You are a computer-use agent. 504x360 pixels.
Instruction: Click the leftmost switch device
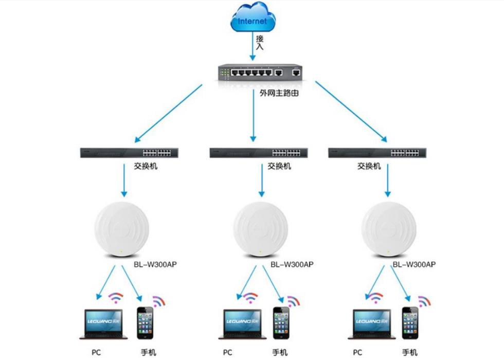[x=129, y=153]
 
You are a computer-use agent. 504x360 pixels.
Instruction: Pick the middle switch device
[x=259, y=153]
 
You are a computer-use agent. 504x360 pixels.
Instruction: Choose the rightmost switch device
[x=376, y=153]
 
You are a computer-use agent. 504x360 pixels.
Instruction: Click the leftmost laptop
[x=103, y=323]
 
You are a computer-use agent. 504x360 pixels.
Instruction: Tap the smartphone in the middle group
[x=281, y=323]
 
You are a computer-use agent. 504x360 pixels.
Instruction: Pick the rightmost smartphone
[x=410, y=323]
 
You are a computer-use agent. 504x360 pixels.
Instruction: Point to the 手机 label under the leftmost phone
[x=148, y=352]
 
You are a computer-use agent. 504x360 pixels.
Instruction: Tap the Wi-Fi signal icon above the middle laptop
[x=250, y=297]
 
